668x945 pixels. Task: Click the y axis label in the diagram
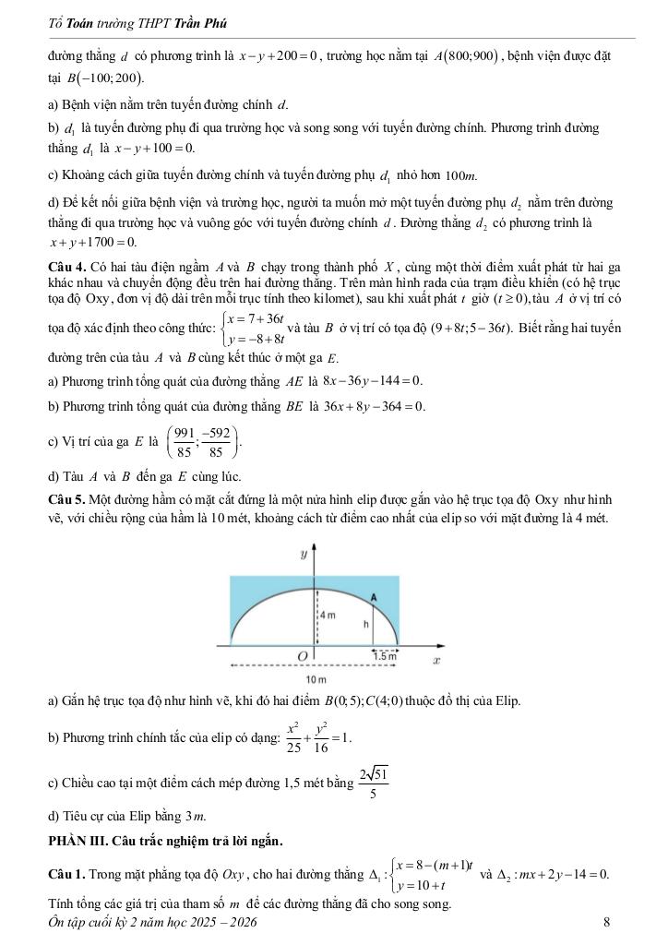pyautogui.click(x=304, y=556)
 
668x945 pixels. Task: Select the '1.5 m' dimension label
pyautogui.click(x=387, y=654)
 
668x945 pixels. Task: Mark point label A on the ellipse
pyautogui.click(x=374, y=597)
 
